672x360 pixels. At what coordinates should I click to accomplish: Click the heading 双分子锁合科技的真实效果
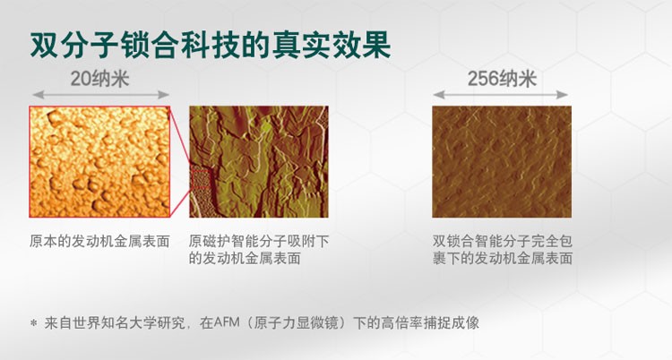(x=210, y=45)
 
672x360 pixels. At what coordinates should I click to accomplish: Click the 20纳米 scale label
(x=99, y=80)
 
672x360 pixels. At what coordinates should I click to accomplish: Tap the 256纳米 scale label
(x=502, y=80)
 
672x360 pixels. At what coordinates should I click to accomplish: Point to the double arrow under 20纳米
(x=100, y=95)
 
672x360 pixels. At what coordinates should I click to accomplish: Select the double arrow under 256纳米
(x=500, y=95)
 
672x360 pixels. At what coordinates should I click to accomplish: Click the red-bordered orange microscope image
(x=99, y=161)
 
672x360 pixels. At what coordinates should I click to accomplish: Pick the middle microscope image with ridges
(x=259, y=161)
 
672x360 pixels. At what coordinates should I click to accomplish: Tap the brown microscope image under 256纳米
(x=502, y=161)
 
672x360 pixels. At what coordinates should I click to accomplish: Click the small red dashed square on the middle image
(x=201, y=179)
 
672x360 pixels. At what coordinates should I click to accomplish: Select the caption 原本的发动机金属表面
(x=99, y=241)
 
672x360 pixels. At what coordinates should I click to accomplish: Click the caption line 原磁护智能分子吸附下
(x=259, y=241)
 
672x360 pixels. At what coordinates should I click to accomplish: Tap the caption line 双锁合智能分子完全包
(x=503, y=241)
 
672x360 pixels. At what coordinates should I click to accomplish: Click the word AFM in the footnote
(x=227, y=322)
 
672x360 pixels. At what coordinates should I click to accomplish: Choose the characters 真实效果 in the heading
(x=332, y=45)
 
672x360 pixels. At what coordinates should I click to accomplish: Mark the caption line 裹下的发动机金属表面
(x=503, y=258)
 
